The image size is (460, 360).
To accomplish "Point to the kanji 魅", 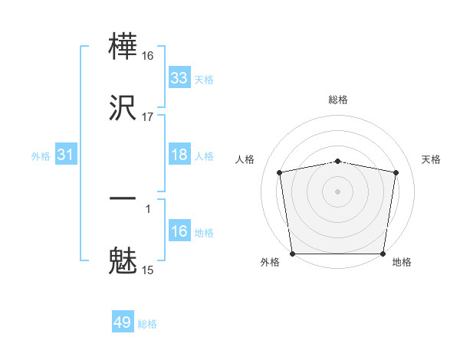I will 123,261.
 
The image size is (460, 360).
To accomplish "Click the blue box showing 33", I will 179,78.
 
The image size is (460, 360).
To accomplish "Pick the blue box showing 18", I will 179,155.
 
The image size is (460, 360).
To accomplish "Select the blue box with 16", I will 179,231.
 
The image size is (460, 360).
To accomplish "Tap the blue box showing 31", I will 65,155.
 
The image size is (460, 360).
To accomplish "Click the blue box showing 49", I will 123,322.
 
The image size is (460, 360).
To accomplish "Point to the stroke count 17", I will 148,117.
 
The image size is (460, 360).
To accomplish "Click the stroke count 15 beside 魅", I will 148,270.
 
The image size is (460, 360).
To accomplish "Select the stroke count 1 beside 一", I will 148,208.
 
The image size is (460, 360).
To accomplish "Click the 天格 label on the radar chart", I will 431,159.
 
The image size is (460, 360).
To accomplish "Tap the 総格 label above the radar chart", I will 338,100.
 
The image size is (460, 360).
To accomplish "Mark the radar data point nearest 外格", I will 292,254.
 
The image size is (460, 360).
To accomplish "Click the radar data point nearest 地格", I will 383,254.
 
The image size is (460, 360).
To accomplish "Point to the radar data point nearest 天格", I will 396,173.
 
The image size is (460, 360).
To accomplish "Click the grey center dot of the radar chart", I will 338,191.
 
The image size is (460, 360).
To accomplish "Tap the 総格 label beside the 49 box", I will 147,324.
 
